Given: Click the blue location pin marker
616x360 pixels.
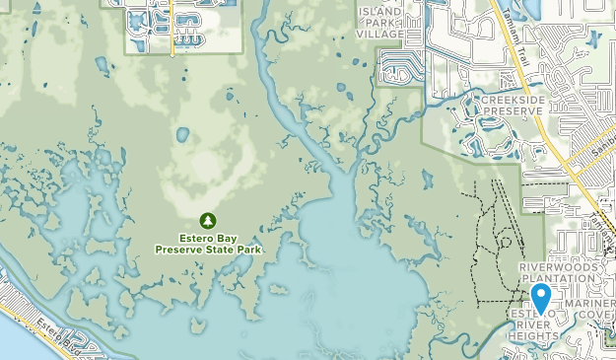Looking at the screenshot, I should click(x=541, y=297).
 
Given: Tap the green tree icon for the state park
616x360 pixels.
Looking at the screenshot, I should click(x=208, y=220).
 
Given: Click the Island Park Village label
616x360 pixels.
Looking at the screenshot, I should click(x=380, y=23).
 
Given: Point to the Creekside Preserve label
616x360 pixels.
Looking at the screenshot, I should click(x=512, y=106).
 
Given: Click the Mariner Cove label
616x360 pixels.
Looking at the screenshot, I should click(x=589, y=310).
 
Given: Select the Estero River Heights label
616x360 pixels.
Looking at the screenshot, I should click(x=532, y=325).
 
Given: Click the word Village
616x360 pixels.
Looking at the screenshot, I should click(x=380, y=34).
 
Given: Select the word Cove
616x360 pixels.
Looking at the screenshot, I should click(x=600, y=316).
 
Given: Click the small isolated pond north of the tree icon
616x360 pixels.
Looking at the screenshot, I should click(x=181, y=134).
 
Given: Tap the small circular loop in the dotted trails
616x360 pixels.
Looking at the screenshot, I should click(x=505, y=242).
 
